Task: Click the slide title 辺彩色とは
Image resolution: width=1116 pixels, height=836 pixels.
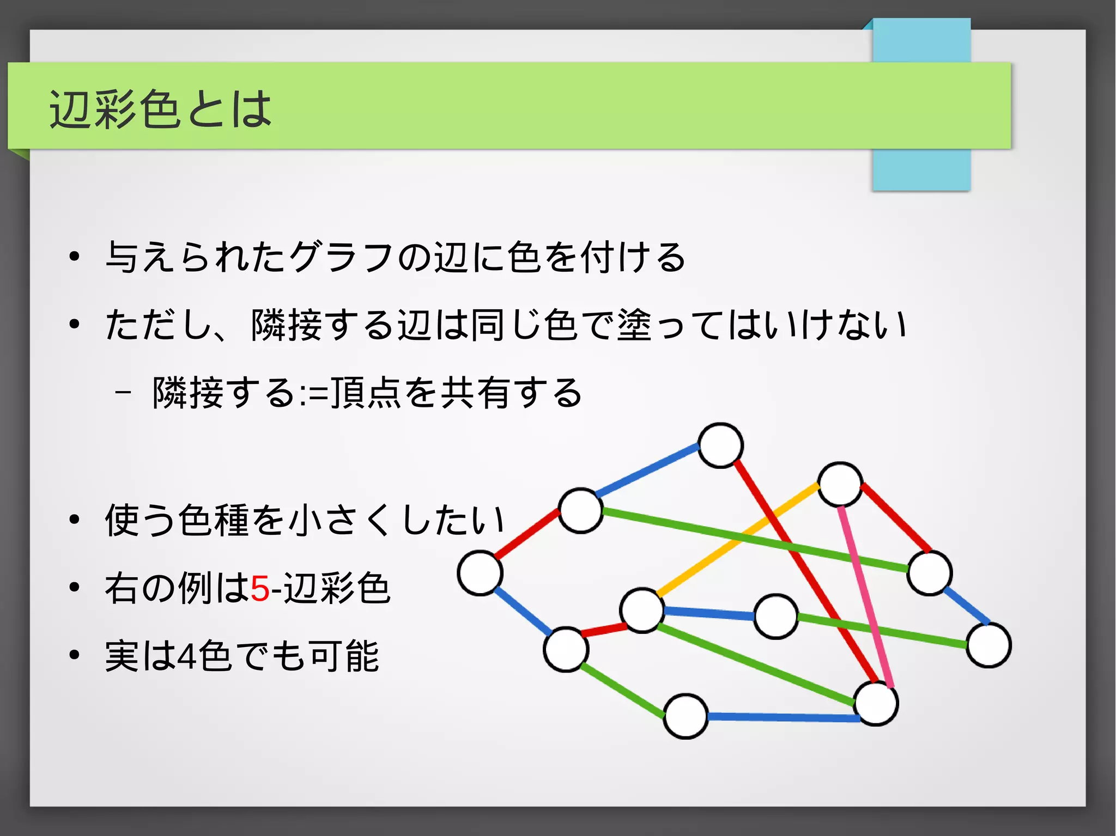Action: pyautogui.click(x=160, y=109)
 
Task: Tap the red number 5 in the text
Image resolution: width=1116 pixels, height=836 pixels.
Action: pyautogui.click(x=260, y=589)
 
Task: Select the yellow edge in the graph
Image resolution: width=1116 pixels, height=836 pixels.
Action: pyautogui.click(x=738, y=539)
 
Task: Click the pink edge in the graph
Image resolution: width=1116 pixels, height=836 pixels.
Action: pyautogui.click(x=865, y=596)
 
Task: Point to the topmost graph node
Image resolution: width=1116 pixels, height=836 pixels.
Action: pyautogui.click(x=720, y=446)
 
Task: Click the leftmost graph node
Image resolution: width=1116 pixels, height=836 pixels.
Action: pyautogui.click(x=480, y=573)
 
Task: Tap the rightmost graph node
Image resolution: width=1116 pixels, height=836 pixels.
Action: pyautogui.click(x=988, y=645)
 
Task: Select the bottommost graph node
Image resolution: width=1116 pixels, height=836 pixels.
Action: pyautogui.click(x=686, y=716)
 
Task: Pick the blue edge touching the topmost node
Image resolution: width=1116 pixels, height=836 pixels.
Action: pyautogui.click(x=647, y=471)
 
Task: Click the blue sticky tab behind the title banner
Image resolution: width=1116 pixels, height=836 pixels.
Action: pyautogui.click(x=921, y=169)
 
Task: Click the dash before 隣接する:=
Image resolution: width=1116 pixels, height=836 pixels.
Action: pyautogui.click(x=123, y=392)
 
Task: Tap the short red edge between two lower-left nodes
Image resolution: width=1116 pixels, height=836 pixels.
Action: pyautogui.click(x=604, y=630)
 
